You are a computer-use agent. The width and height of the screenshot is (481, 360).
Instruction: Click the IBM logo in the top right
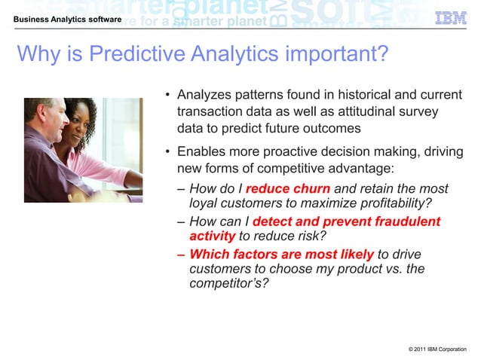[451, 17]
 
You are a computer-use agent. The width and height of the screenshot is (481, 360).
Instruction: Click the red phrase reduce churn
[287, 189]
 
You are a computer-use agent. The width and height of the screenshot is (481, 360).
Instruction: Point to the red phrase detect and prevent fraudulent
[346, 221]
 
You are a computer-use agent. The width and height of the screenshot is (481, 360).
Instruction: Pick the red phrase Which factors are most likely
[281, 254]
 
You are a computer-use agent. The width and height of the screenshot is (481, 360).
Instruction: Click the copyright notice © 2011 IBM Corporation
[437, 349]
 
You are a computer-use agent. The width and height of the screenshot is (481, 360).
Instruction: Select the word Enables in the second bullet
[200, 152]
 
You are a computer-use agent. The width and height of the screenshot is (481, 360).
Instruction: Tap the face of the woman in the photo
[78, 127]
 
